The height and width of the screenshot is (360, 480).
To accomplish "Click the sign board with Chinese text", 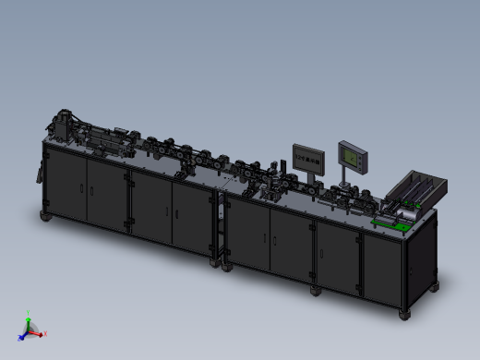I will [x=308, y=158].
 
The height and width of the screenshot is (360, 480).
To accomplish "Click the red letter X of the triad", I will [x=45, y=334].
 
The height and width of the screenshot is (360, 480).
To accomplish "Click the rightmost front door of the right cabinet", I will [x=381, y=268].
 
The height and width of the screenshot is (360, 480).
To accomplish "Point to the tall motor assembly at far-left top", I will [x=63, y=126].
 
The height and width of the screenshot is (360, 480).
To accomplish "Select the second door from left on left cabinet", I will [x=106, y=194].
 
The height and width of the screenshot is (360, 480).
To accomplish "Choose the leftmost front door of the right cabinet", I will [x=246, y=234].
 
